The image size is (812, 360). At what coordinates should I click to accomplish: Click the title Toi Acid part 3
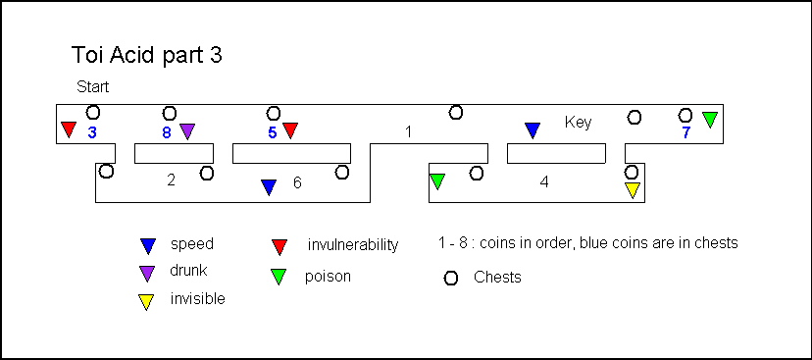tap(146, 56)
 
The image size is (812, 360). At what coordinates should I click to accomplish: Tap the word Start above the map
tap(93, 87)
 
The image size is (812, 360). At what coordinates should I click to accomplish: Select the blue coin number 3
tap(92, 132)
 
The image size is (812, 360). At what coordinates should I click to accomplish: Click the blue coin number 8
tap(167, 132)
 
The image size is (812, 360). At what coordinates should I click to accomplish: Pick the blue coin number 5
tap(273, 132)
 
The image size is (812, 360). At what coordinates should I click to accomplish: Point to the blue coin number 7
tap(685, 132)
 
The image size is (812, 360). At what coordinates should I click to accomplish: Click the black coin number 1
tap(408, 132)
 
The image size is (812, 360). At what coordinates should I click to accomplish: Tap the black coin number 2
tap(172, 180)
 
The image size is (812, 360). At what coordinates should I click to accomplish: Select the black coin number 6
tap(297, 182)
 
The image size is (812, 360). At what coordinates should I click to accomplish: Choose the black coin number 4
tap(543, 182)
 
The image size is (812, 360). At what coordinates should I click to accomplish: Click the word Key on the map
tap(578, 123)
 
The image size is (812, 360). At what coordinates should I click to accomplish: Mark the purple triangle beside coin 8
tap(187, 131)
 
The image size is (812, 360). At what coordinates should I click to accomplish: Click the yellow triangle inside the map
tap(633, 190)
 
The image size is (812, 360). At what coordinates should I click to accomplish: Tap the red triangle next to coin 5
tap(290, 130)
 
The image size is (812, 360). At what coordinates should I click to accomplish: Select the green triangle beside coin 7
tap(710, 120)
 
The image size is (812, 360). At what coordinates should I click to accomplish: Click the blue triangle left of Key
tap(533, 130)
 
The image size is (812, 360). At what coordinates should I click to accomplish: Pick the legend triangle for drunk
tap(147, 274)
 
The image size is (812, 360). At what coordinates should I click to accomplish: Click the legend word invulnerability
tap(353, 244)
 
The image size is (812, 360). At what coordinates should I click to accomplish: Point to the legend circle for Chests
tap(451, 279)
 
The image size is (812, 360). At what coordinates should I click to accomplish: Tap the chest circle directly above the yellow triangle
tap(632, 172)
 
